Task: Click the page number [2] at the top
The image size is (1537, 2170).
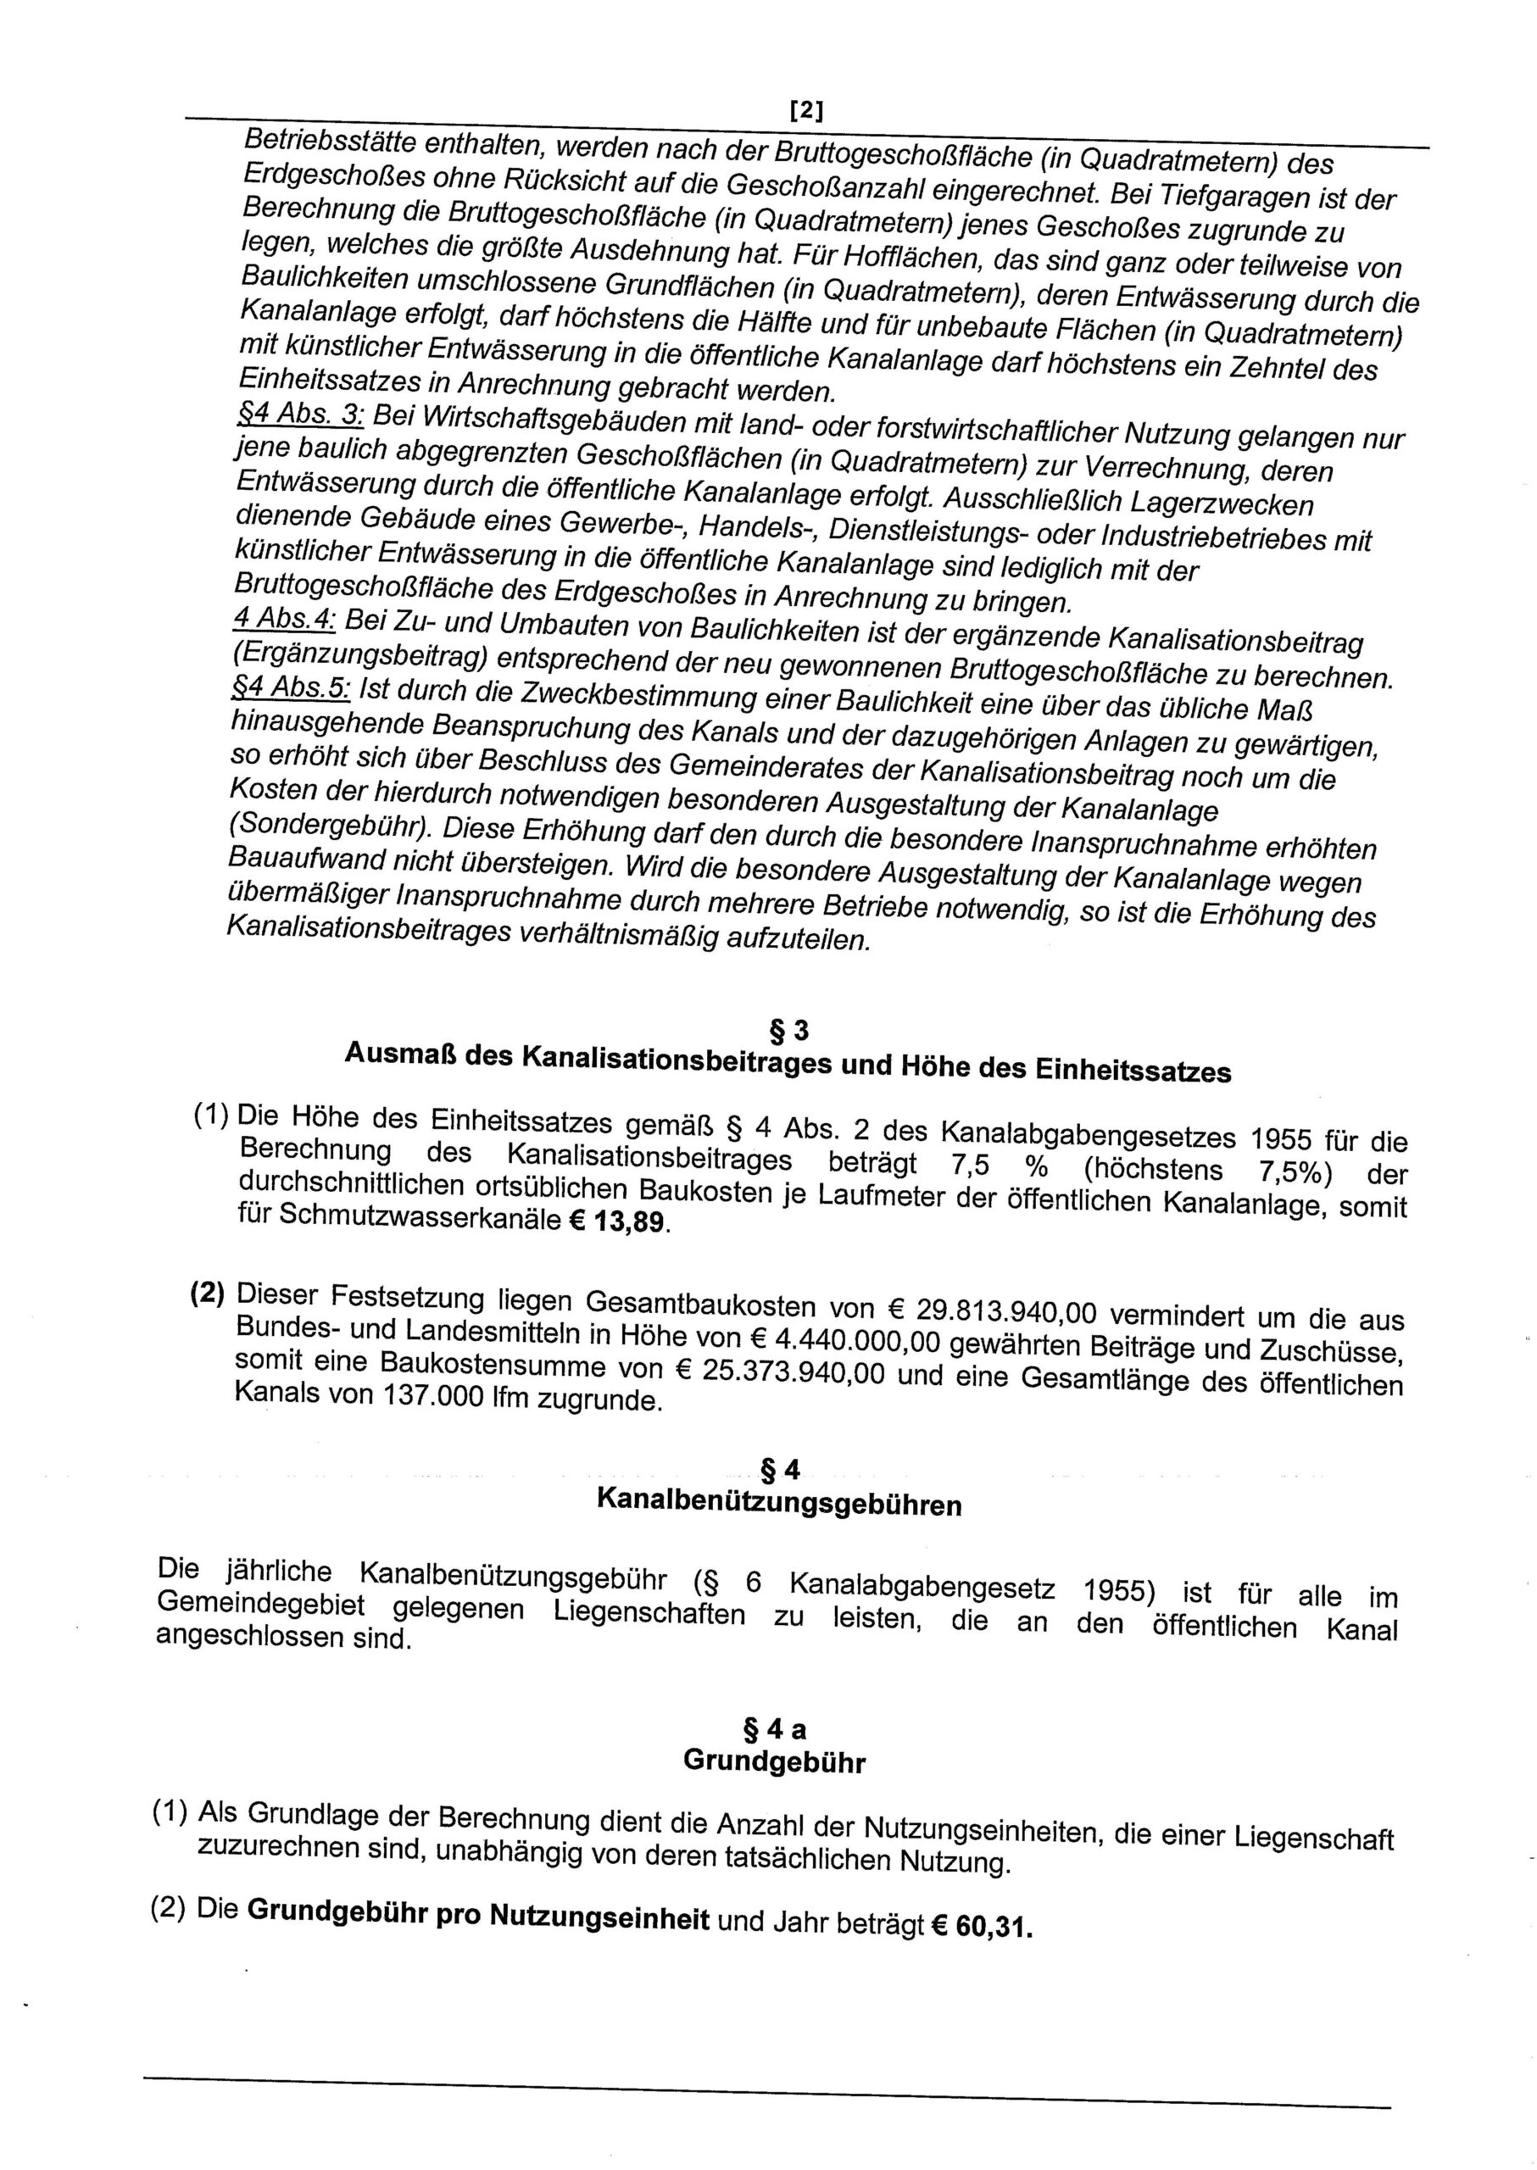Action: pos(805,112)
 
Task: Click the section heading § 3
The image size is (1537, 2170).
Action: pos(789,1029)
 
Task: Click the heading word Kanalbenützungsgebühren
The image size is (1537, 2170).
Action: pos(779,1505)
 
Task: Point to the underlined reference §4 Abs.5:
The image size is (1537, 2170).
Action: pos(291,690)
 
